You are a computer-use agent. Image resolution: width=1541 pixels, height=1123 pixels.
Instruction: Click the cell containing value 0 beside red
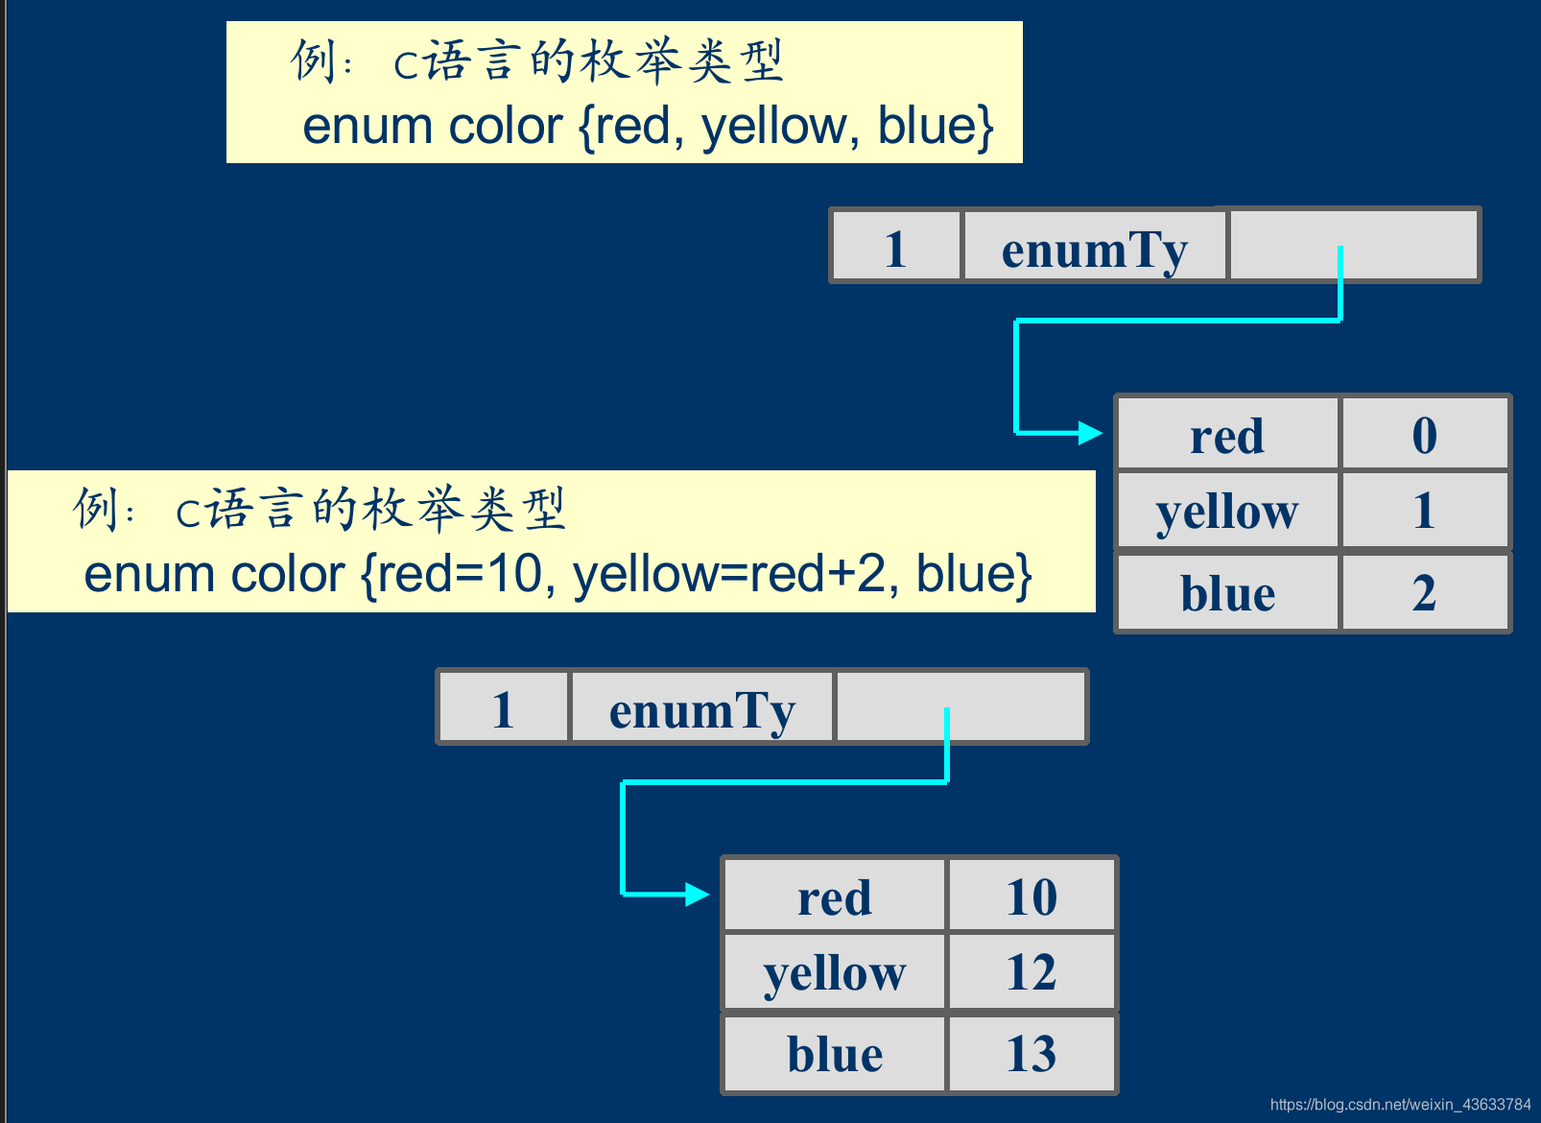(1424, 435)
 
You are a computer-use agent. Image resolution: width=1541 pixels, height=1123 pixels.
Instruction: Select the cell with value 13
(1031, 1054)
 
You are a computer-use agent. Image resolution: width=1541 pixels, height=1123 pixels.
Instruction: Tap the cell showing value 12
(1031, 972)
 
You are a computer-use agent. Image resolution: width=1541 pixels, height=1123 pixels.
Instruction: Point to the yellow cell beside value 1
(1227, 512)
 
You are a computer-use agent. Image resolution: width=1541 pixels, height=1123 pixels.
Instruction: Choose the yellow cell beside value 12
(835, 973)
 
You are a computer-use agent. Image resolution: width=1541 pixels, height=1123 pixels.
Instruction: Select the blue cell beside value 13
(835, 1054)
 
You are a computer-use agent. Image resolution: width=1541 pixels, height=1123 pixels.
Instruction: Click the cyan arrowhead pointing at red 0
(1090, 433)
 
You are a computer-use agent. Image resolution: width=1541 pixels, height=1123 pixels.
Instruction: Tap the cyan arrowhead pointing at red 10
(697, 895)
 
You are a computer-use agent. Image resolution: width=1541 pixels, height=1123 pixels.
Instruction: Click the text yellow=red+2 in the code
(728, 574)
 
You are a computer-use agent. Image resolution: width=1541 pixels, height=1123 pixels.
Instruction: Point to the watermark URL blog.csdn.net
(1400, 1105)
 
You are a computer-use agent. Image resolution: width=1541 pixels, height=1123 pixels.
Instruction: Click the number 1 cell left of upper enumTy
(895, 249)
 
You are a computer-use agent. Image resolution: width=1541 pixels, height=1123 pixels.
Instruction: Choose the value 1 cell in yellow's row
(1424, 511)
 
